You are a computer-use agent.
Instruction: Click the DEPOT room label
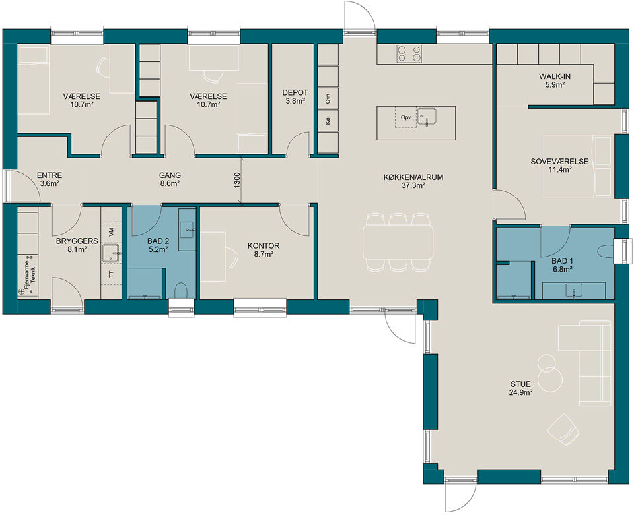pos(295,92)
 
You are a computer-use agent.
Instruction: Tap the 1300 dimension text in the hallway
pos(237,180)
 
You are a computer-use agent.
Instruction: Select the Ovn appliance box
pos(328,98)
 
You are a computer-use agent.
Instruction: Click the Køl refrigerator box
pos(328,120)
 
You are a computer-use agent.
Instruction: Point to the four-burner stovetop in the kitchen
pos(409,53)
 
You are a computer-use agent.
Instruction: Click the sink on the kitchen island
pos(427,117)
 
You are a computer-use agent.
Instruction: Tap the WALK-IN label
pos(555,76)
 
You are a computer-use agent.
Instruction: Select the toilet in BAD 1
pos(606,251)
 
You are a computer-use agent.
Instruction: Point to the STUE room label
pos(521,384)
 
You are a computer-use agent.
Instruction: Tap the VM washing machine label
pos(111,232)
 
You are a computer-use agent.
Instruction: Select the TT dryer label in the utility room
pos(111,274)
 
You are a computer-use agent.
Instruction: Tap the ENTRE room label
pos(50,175)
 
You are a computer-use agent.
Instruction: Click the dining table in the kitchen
pos(398,242)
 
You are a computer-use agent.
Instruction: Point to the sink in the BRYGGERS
pos(110,253)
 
